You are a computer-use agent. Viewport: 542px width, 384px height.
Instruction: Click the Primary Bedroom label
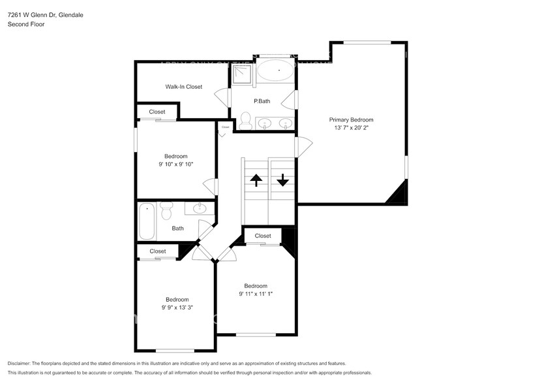tap(351, 120)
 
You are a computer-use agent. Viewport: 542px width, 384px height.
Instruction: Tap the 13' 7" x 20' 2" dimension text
tap(351, 128)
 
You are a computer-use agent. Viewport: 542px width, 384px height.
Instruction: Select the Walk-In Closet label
tap(183, 86)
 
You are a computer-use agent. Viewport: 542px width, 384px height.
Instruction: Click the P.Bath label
tap(262, 101)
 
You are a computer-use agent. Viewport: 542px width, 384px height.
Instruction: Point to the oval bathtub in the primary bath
tap(275, 70)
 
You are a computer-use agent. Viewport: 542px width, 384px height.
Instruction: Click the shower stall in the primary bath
tap(241, 74)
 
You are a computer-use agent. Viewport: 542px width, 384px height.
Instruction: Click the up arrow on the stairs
tap(256, 180)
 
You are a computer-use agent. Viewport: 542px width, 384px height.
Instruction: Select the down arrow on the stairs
tap(282, 180)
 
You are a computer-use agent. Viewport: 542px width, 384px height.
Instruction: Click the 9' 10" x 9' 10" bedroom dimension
tap(175, 165)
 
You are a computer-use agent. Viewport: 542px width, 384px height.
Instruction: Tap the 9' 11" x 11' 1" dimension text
tap(255, 295)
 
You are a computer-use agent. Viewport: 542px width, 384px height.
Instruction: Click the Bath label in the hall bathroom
tap(177, 229)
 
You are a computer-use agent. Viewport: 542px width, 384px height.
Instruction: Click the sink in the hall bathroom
tap(199, 209)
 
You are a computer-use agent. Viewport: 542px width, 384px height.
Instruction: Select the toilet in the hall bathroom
tap(166, 211)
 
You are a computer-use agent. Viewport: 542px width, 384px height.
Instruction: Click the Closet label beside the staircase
tap(263, 236)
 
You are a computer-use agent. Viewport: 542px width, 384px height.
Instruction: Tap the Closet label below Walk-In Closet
tap(157, 112)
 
